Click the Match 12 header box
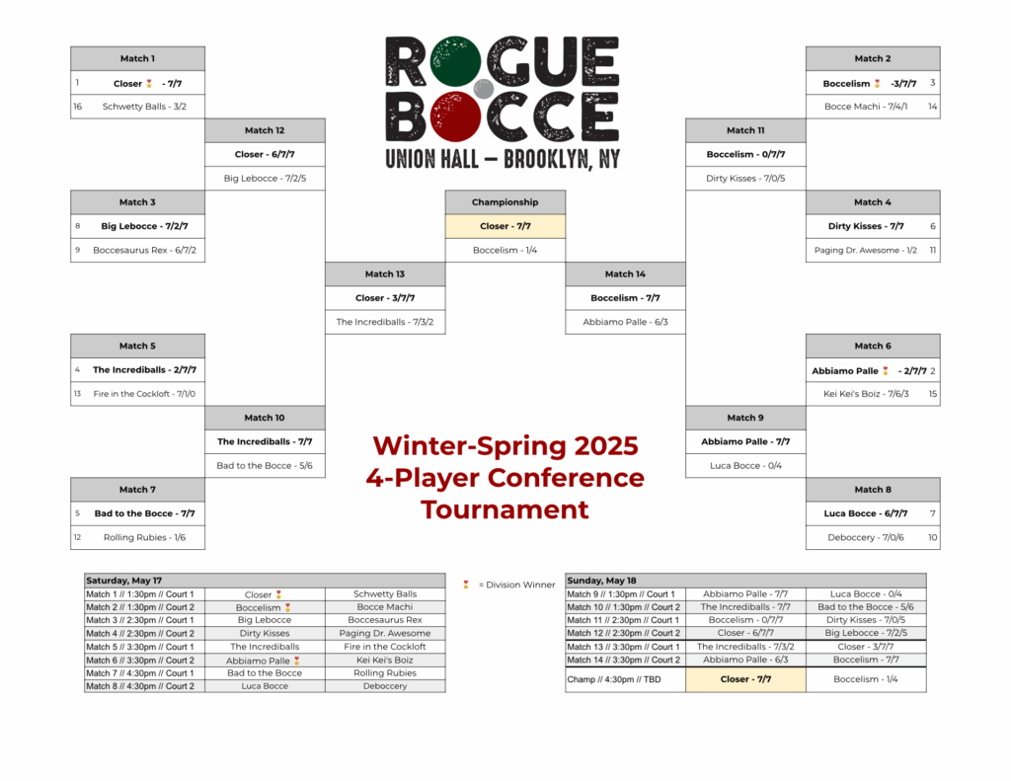(x=265, y=130)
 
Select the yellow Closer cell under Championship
(x=505, y=226)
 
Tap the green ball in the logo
(x=455, y=61)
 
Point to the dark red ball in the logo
(x=455, y=117)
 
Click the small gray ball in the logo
(x=484, y=89)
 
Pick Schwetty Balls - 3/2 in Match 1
(x=144, y=107)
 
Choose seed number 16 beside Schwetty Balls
(x=77, y=107)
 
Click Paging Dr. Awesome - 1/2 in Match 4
(x=865, y=250)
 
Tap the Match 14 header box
(x=625, y=274)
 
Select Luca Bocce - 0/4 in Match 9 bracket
(x=745, y=466)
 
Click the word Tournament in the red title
(x=505, y=509)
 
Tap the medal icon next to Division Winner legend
(x=466, y=585)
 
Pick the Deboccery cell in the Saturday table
(x=385, y=686)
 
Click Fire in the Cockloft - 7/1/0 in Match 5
(x=144, y=394)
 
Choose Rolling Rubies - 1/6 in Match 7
(x=144, y=538)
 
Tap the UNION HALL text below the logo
(x=432, y=159)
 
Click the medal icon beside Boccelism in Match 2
(x=877, y=83)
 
